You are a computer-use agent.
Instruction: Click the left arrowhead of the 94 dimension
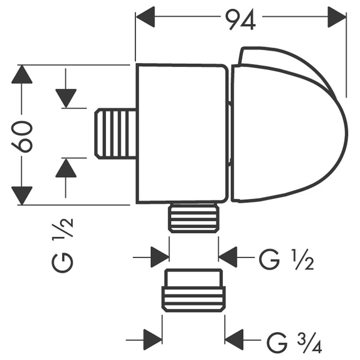[145, 16]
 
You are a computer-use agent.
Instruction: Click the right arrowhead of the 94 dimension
[337, 16]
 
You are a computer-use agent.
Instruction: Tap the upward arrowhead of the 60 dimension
[22, 75]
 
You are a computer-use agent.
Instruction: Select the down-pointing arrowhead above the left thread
[66, 98]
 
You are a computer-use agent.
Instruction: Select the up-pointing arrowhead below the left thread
[66, 168]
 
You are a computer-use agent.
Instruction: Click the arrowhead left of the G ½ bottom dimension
[160, 257]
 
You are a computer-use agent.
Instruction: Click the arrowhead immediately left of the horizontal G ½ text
[228, 257]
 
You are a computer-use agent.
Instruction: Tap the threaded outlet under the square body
[194, 218]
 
